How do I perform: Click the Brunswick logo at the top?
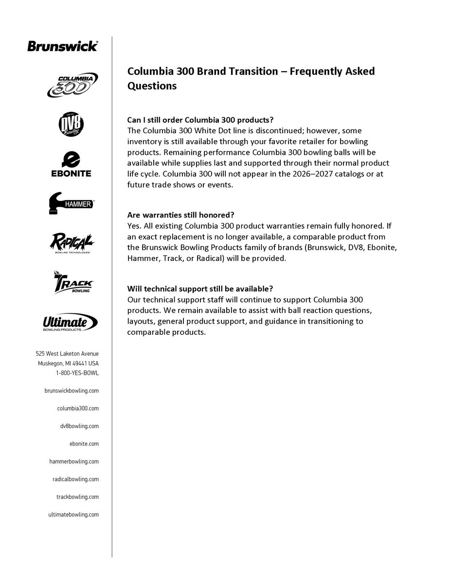[x=62, y=46]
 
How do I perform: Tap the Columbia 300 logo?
[x=72, y=85]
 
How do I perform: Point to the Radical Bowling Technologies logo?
[x=72, y=242]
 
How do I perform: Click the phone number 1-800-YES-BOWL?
[x=77, y=373]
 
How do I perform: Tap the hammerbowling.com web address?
[x=74, y=461]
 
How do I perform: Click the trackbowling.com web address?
[x=78, y=497]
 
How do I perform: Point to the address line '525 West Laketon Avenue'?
[x=67, y=354]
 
